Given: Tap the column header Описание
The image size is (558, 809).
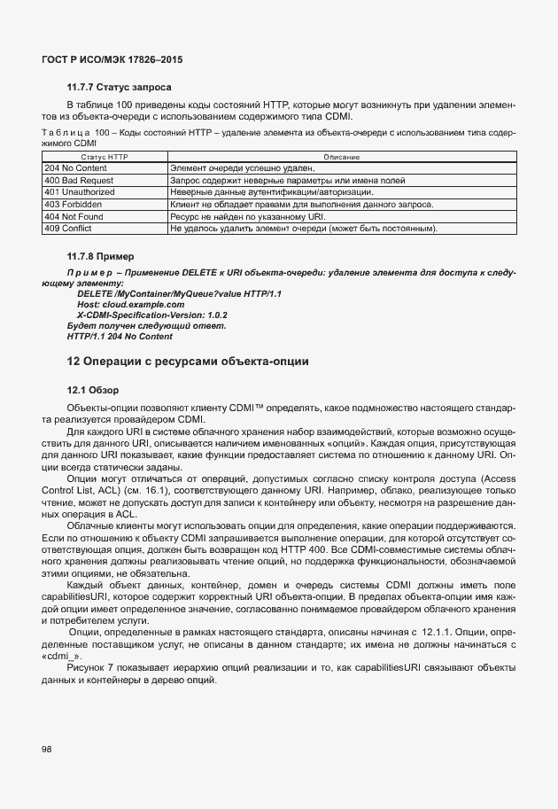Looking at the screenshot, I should click(x=341, y=156).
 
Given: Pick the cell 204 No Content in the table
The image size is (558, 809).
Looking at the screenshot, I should click(x=75, y=167).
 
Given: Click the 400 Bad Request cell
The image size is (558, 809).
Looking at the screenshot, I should click(x=79, y=179).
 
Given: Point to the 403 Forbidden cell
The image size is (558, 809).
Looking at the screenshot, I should click(x=74, y=204).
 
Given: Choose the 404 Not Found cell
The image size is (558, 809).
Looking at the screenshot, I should click(x=75, y=216).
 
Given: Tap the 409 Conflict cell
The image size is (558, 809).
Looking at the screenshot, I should click(x=71, y=229).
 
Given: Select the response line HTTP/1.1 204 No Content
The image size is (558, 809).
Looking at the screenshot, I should click(x=120, y=337).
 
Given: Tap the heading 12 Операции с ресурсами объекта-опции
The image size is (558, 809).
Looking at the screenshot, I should click(x=187, y=362).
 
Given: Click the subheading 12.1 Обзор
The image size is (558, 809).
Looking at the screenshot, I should click(x=92, y=390).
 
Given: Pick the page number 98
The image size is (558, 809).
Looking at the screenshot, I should click(x=46, y=749).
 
